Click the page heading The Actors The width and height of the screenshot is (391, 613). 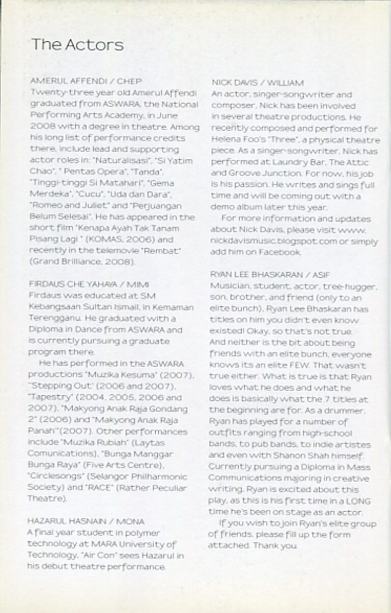[x=77, y=45]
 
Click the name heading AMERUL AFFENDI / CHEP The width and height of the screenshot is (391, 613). [x=86, y=81]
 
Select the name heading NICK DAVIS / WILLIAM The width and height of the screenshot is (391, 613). [x=257, y=82]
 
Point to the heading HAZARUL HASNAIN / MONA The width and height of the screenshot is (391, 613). [x=87, y=521]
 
